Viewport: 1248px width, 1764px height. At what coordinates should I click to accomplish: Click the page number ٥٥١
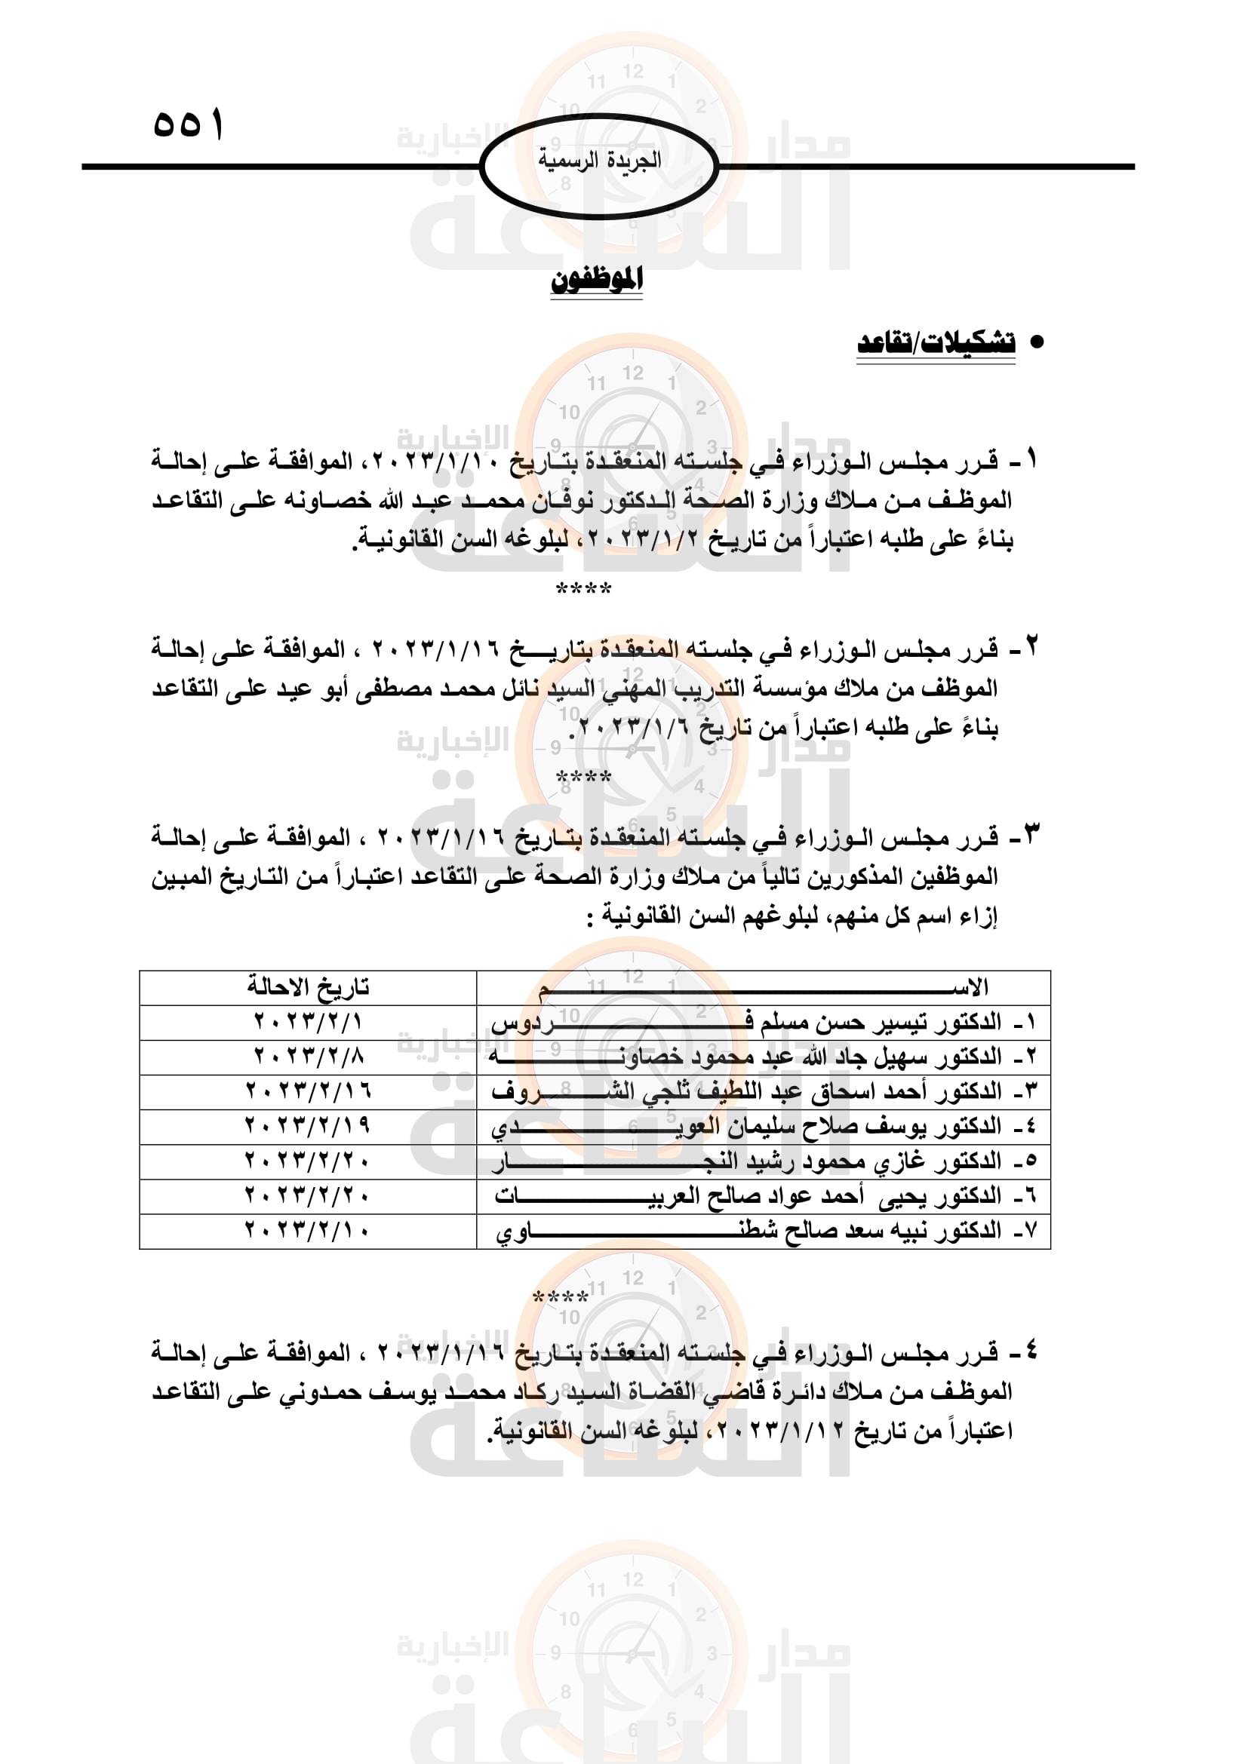point(189,124)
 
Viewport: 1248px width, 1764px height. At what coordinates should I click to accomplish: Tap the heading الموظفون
point(596,280)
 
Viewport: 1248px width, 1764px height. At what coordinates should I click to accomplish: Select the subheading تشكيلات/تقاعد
point(935,342)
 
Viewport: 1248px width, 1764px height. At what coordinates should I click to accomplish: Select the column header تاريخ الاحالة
point(308,986)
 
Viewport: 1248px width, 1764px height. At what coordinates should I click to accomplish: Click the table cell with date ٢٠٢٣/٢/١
point(308,1022)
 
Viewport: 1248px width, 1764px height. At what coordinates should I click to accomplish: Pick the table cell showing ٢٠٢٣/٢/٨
point(308,1057)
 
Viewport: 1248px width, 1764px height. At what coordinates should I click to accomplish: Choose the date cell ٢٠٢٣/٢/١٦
point(308,1091)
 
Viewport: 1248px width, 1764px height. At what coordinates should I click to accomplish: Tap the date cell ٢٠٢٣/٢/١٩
point(308,1125)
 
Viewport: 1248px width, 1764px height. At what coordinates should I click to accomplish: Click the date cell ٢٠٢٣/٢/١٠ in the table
point(308,1231)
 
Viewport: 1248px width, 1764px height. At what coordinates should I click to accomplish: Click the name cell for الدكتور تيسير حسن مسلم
point(763,1022)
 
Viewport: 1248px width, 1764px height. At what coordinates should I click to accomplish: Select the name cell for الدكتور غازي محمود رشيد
point(763,1161)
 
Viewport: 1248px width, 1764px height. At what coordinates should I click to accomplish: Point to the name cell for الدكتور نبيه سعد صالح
point(763,1231)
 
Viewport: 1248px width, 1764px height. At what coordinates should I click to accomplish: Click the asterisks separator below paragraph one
point(583,589)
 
